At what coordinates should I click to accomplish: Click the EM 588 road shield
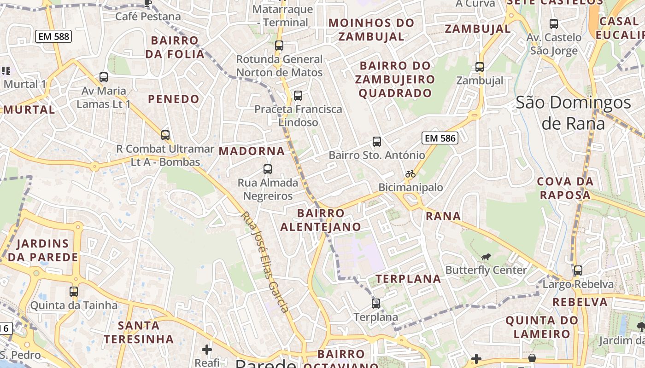click(x=53, y=36)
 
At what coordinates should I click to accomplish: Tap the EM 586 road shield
click(x=440, y=138)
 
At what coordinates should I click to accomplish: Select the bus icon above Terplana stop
click(x=376, y=304)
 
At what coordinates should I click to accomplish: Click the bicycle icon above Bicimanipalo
click(x=410, y=174)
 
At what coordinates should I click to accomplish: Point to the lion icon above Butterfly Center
click(x=486, y=257)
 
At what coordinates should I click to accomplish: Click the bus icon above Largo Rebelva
click(x=578, y=270)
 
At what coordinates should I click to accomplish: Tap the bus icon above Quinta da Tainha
click(x=74, y=292)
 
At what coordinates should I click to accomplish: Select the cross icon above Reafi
click(x=207, y=350)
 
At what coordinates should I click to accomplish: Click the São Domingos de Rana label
click(x=573, y=113)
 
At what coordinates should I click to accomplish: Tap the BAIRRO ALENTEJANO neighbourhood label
click(x=321, y=220)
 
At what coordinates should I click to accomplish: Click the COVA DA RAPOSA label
click(x=565, y=188)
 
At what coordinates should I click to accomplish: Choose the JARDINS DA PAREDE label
click(x=43, y=250)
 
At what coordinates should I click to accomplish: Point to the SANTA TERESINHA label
click(x=139, y=333)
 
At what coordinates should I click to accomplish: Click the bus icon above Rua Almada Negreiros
click(x=268, y=169)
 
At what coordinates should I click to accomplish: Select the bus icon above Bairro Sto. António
click(x=377, y=142)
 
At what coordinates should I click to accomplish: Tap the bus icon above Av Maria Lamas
click(x=104, y=77)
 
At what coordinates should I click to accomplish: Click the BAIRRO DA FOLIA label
click(x=175, y=47)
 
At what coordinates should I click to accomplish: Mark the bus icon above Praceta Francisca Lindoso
click(x=298, y=96)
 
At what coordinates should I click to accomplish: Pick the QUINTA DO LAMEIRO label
click(x=542, y=327)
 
